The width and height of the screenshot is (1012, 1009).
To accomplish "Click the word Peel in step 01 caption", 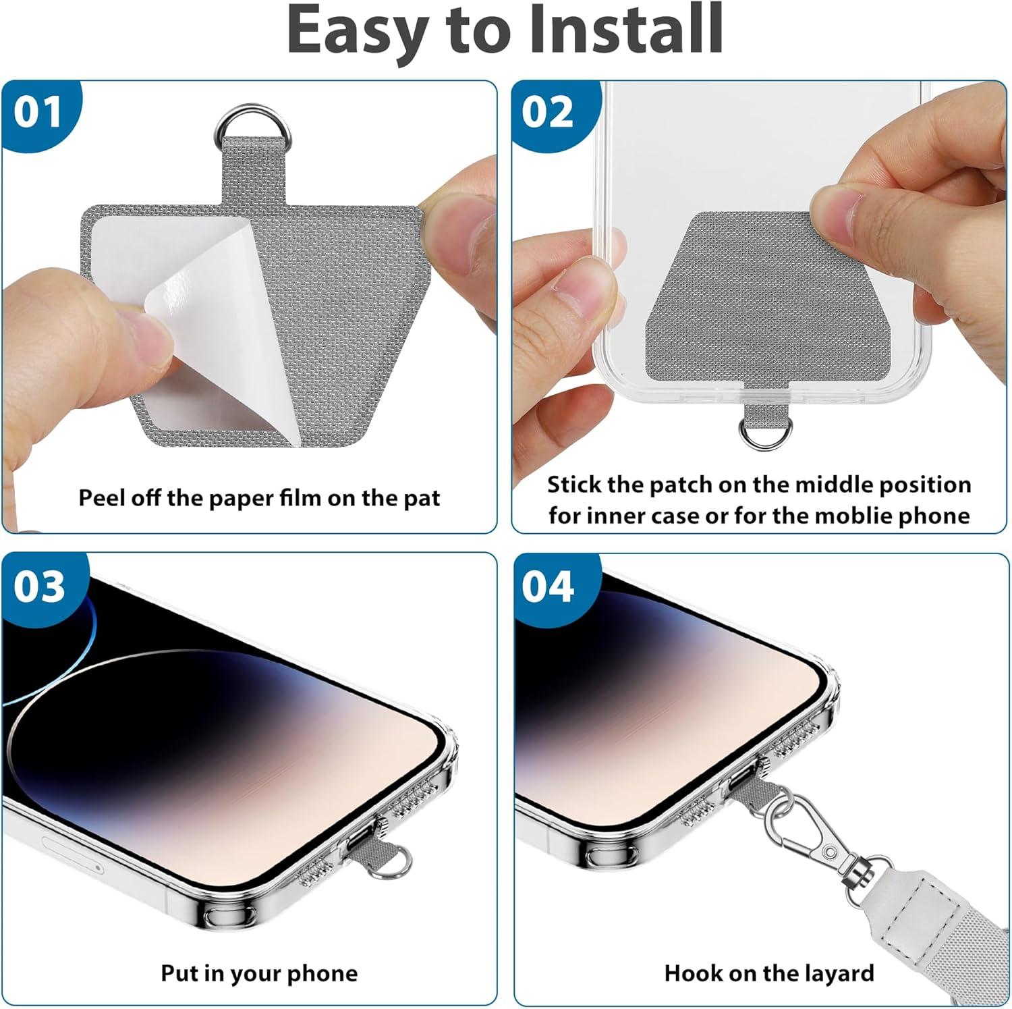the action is coord(100,498).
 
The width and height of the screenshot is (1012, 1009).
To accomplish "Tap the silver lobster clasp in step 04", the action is coord(810,831).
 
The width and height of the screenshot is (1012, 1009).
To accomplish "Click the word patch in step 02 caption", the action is coord(680,485).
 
